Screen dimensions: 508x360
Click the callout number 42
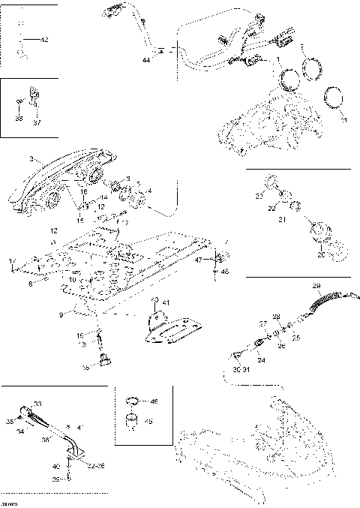click(x=44, y=41)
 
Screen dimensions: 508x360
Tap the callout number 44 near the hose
click(x=145, y=59)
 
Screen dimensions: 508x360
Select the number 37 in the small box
click(x=37, y=123)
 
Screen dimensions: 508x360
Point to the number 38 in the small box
click(x=19, y=119)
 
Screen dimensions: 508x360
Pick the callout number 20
click(x=322, y=254)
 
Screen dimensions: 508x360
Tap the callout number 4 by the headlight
click(x=148, y=191)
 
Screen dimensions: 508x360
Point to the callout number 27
click(x=262, y=323)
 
